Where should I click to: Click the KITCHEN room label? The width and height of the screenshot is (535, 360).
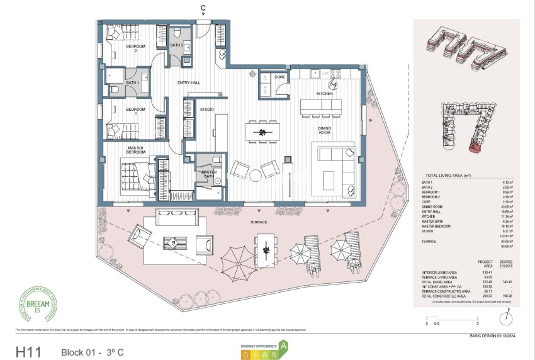324,94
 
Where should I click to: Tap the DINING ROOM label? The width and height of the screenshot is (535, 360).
324,130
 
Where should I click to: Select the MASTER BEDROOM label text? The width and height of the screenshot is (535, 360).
135,150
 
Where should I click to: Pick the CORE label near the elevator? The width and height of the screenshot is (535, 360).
280,77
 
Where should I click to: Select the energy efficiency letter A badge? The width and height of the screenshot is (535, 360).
284,346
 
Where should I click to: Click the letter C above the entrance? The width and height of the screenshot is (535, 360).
203,8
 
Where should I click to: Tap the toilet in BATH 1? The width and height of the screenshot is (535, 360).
115,90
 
